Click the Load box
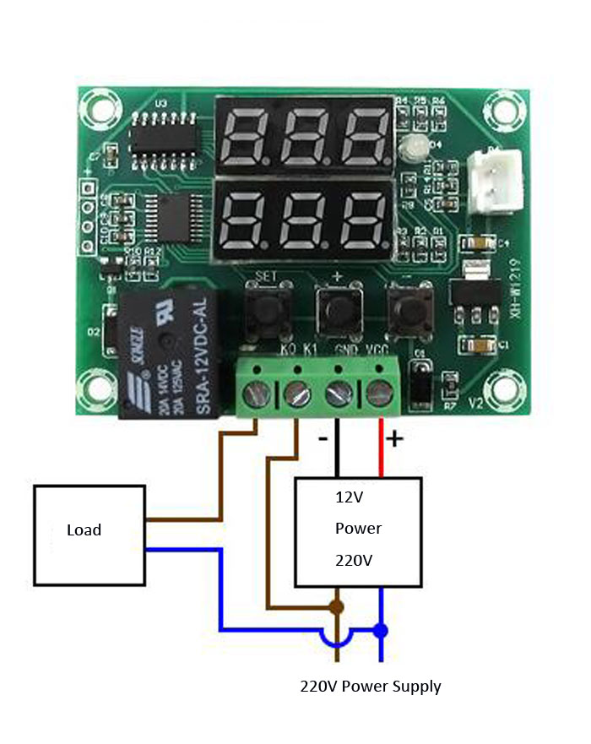click(x=89, y=535)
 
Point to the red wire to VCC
click(x=380, y=448)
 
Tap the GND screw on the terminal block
click(x=338, y=391)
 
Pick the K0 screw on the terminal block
click(x=257, y=391)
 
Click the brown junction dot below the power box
click(x=337, y=606)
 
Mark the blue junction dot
click(x=381, y=630)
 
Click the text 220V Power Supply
click(x=371, y=686)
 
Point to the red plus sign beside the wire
click(x=395, y=439)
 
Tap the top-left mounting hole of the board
click(x=95, y=111)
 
